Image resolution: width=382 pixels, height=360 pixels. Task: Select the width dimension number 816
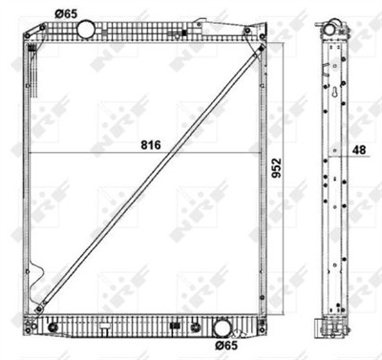151,144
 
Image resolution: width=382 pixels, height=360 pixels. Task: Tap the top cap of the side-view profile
333,20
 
